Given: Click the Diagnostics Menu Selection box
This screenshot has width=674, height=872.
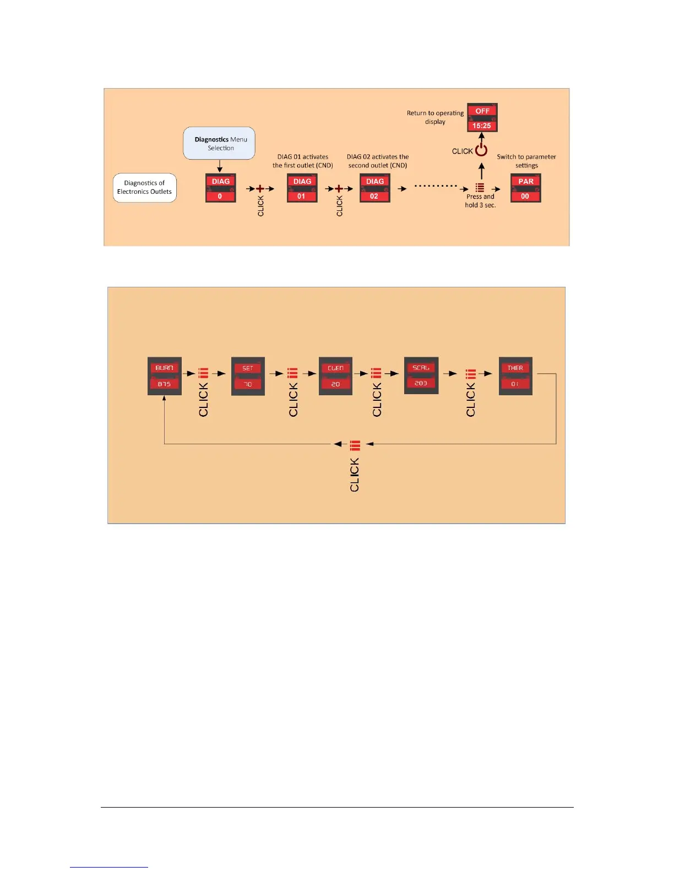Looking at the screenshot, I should [219, 144].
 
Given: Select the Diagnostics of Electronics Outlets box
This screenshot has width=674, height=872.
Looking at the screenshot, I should [145, 188].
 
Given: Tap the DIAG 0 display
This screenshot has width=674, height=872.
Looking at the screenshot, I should [220, 188].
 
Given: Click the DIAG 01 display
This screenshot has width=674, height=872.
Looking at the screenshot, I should [302, 188].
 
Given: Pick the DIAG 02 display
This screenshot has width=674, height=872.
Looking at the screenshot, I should [374, 188].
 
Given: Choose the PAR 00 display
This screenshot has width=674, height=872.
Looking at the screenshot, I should [525, 188].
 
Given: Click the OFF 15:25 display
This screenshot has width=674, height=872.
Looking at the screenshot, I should [482, 118].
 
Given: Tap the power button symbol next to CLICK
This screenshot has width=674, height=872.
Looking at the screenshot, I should [481, 150].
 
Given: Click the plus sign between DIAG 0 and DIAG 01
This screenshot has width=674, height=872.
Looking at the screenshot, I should [260, 189].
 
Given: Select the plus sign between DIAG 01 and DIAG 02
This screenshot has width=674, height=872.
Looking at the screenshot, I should [339, 189].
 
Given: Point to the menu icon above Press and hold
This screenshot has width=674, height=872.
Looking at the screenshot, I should [480, 188].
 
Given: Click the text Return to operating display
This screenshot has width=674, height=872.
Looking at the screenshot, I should [435, 117].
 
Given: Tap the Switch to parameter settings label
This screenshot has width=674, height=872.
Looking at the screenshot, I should [526, 161].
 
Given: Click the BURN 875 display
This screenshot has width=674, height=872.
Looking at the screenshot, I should [164, 376].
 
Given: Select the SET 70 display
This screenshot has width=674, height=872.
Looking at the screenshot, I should [248, 376].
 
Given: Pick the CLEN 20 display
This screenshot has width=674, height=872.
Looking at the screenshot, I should [335, 376].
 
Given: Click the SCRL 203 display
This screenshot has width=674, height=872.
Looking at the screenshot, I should [421, 375].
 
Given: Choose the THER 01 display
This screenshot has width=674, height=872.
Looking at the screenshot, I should [515, 376].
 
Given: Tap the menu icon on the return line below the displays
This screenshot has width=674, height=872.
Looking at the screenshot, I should [355, 445].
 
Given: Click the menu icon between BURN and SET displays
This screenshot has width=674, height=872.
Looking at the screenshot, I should [203, 373].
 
